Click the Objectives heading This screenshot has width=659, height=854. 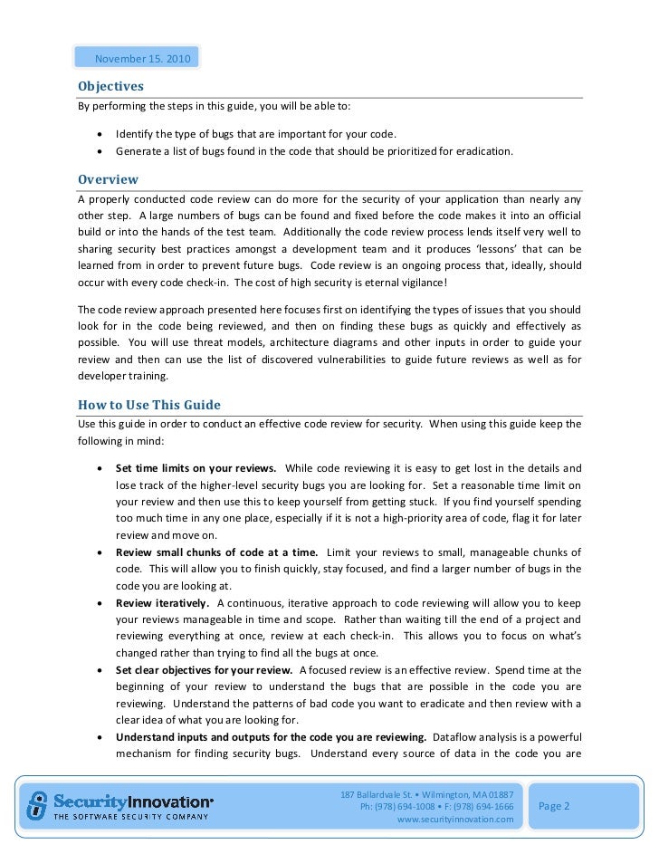(x=110, y=87)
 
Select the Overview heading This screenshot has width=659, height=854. (x=108, y=179)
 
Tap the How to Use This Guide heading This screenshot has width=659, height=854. (x=148, y=404)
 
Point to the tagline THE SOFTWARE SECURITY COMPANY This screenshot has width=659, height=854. (x=129, y=817)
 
